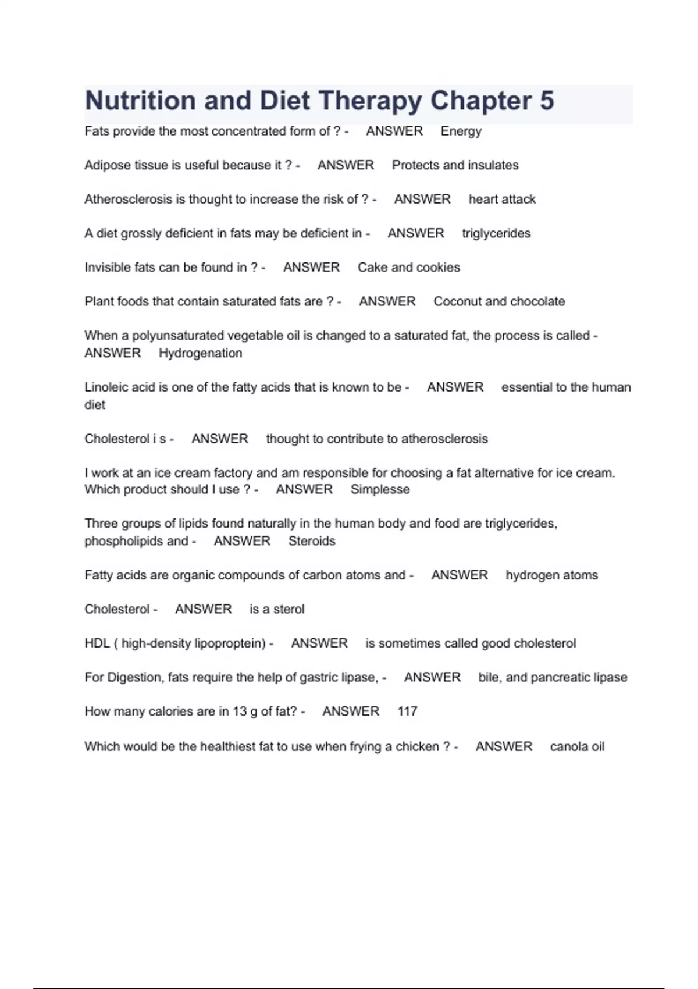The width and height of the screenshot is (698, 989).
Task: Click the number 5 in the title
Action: click(546, 101)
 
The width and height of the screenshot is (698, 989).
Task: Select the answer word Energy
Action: click(461, 131)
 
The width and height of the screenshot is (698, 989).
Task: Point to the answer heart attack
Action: click(502, 200)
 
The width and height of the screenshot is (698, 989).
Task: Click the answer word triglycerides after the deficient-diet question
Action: click(496, 234)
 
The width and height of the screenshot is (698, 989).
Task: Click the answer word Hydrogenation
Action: click(200, 354)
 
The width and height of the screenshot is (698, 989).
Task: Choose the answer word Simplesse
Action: click(380, 490)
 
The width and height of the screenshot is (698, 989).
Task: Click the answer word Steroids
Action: click(312, 541)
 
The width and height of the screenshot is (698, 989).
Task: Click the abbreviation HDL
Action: click(97, 643)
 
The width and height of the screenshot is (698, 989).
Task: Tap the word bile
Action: click(490, 677)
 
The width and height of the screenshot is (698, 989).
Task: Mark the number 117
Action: click(407, 711)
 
